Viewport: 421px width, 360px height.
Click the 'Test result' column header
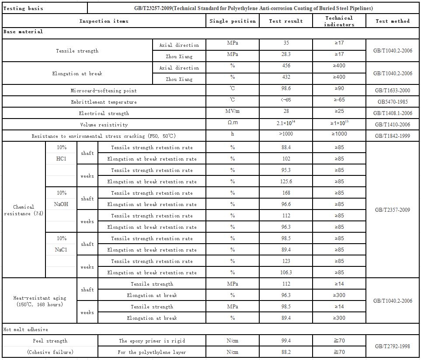286,21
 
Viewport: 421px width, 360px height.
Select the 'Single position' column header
233,21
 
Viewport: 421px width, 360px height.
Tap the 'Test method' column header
393,21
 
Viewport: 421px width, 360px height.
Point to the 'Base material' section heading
23,31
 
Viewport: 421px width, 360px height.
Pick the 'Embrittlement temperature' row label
104,102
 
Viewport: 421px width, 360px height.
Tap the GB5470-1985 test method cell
393,102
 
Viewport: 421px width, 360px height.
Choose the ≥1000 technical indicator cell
339,134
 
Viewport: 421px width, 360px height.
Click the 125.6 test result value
286,181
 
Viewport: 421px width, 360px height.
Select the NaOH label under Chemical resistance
61,204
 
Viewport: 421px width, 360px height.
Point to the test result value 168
286,193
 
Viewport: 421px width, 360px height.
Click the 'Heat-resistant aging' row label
40,301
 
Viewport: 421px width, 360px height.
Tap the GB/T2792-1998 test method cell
393,346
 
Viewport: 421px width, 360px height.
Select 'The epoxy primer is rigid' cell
152,341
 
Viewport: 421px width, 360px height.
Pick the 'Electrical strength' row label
104,113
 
